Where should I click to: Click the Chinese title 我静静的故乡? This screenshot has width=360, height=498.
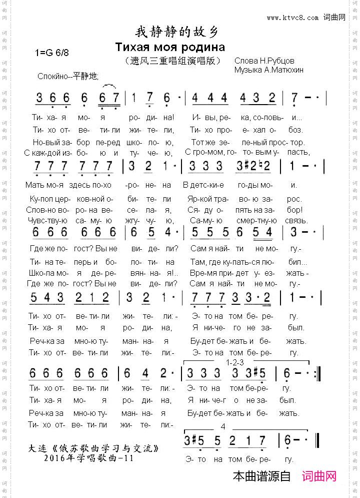[x=177, y=33]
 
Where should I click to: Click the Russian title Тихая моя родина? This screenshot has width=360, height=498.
[x=170, y=48]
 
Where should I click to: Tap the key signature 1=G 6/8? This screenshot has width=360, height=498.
[x=52, y=53]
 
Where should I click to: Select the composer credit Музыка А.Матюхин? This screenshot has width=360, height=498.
[x=269, y=70]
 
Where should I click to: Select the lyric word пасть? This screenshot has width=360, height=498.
[x=297, y=152]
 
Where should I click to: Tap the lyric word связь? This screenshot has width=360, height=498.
[x=297, y=220]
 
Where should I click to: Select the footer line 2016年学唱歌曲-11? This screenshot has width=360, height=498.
[x=89, y=457]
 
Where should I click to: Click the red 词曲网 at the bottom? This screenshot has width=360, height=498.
[x=319, y=476]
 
